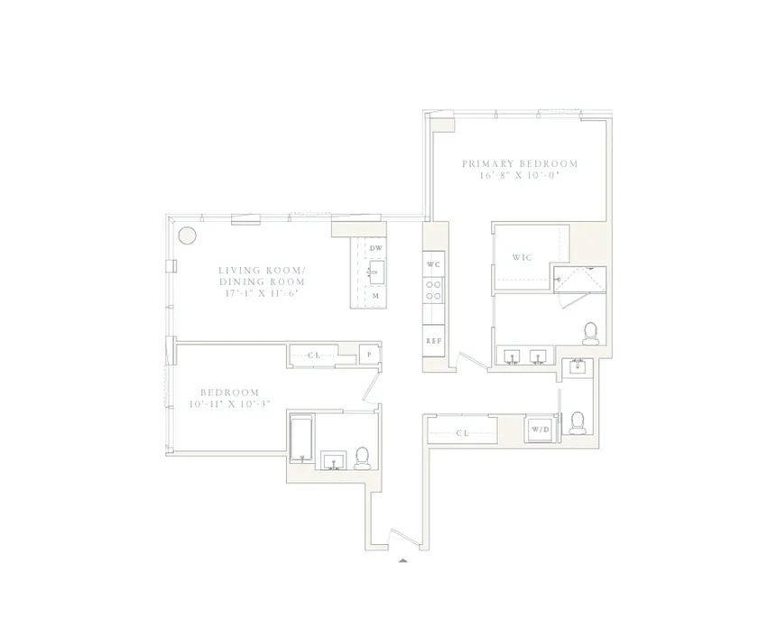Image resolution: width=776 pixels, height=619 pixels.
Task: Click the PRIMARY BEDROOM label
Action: click(x=519, y=163)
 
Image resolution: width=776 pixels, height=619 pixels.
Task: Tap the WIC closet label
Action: click(x=522, y=257)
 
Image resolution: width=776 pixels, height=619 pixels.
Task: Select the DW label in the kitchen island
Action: click(x=377, y=248)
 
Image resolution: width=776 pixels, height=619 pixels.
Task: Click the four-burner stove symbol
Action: click(x=433, y=290)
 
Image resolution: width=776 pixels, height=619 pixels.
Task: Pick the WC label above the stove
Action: click(x=433, y=264)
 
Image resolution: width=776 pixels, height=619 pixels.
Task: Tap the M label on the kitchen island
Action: click(x=374, y=295)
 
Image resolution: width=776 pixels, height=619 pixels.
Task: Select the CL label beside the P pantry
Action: click(x=314, y=356)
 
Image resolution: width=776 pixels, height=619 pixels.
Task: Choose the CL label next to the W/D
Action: click(x=462, y=433)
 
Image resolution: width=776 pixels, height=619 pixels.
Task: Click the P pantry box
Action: click(x=368, y=356)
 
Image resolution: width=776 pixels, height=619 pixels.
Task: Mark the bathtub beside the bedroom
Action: click(x=299, y=439)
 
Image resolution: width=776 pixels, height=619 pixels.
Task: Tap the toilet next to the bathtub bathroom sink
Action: click(x=362, y=458)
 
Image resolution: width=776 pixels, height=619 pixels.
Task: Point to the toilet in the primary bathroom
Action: click(x=591, y=333)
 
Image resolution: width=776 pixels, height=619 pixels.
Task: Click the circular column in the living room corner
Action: click(x=187, y=236)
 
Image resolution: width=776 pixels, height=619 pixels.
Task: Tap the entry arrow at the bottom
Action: click(x=402, y=560)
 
